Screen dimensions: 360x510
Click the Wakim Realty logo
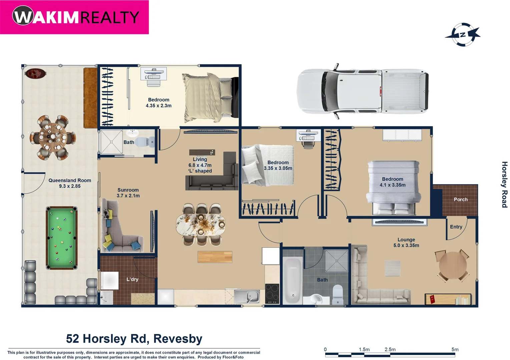[75, 17]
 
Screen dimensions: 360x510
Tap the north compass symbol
[463, 35]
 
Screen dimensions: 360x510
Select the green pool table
[62, 238]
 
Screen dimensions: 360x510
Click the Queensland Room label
[70, 180]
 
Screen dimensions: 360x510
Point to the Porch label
[460, 199]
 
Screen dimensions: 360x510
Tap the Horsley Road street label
[504, 184]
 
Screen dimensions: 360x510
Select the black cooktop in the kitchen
[272, 294]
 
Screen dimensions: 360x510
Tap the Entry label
[456, 227]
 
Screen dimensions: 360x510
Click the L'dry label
[132, 279]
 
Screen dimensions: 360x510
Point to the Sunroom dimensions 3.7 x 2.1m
[128, 196]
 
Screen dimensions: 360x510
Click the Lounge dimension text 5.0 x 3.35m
[406, 245]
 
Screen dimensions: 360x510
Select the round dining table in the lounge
[453, 265]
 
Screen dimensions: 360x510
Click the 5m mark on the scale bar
[455, 349]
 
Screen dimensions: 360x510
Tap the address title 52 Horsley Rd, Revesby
[134, 338]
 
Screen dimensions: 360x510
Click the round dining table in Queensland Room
[52, 137]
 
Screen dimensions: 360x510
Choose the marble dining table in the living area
[200, 225]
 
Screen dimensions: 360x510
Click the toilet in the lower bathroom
[338, 295]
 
